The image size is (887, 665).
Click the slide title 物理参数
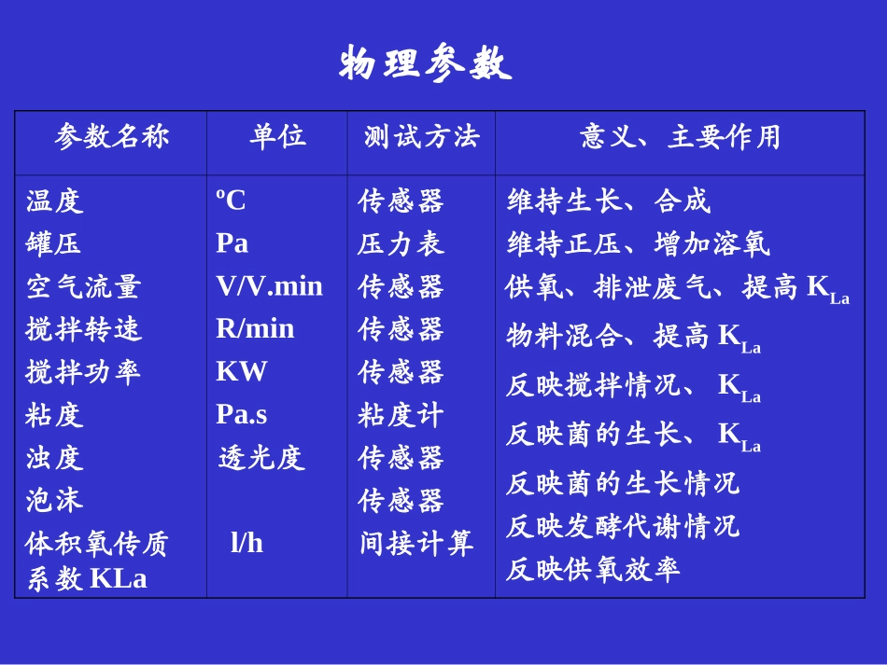(426, 64)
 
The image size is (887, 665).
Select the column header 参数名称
(112, 137)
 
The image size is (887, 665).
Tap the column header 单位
(277, 137)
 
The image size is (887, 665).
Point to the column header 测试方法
(421, 137)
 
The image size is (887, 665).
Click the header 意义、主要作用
(680, 137)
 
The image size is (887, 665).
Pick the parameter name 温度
(55, 201)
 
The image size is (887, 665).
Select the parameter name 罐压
(54, 243)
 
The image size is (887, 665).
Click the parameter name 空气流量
(83, 286)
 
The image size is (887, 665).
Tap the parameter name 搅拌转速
(83, 329)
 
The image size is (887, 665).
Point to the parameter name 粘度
(55, 415)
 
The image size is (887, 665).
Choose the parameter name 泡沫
(55, 501)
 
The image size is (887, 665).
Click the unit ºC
(232, 201)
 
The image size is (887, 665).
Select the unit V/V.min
(269, 286)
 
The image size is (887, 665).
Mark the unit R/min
(255, 329)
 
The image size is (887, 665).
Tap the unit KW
(241, 372)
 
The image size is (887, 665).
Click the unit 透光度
(261, 458)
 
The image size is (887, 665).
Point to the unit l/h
(246, 544)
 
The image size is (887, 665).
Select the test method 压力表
(401, 243)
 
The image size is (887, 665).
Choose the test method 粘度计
(401, 415)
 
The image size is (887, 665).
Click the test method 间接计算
(416, 544)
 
